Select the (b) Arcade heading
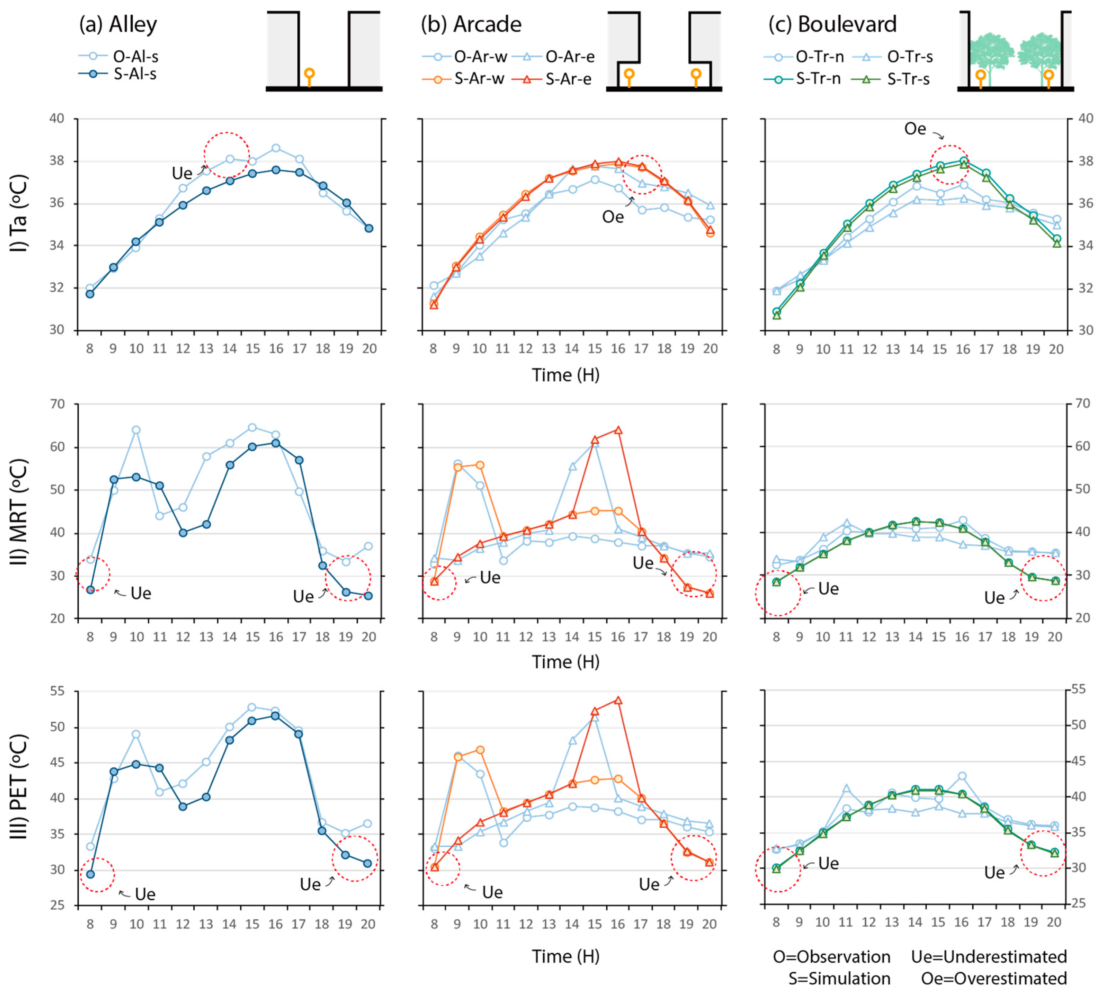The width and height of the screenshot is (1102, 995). [x=471, y=25]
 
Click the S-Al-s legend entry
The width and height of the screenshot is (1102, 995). [x=118, y=74]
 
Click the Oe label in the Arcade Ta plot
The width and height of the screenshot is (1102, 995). [x=613, y=217]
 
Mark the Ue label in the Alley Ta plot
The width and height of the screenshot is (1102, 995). [x=182, y=173]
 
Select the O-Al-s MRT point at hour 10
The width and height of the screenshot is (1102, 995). [x=136, y=430]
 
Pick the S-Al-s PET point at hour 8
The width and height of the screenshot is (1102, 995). [x=90, y=874]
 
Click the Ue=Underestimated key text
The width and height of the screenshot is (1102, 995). [x=989, y=957]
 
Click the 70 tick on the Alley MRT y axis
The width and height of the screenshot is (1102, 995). [x=57, y=404]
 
